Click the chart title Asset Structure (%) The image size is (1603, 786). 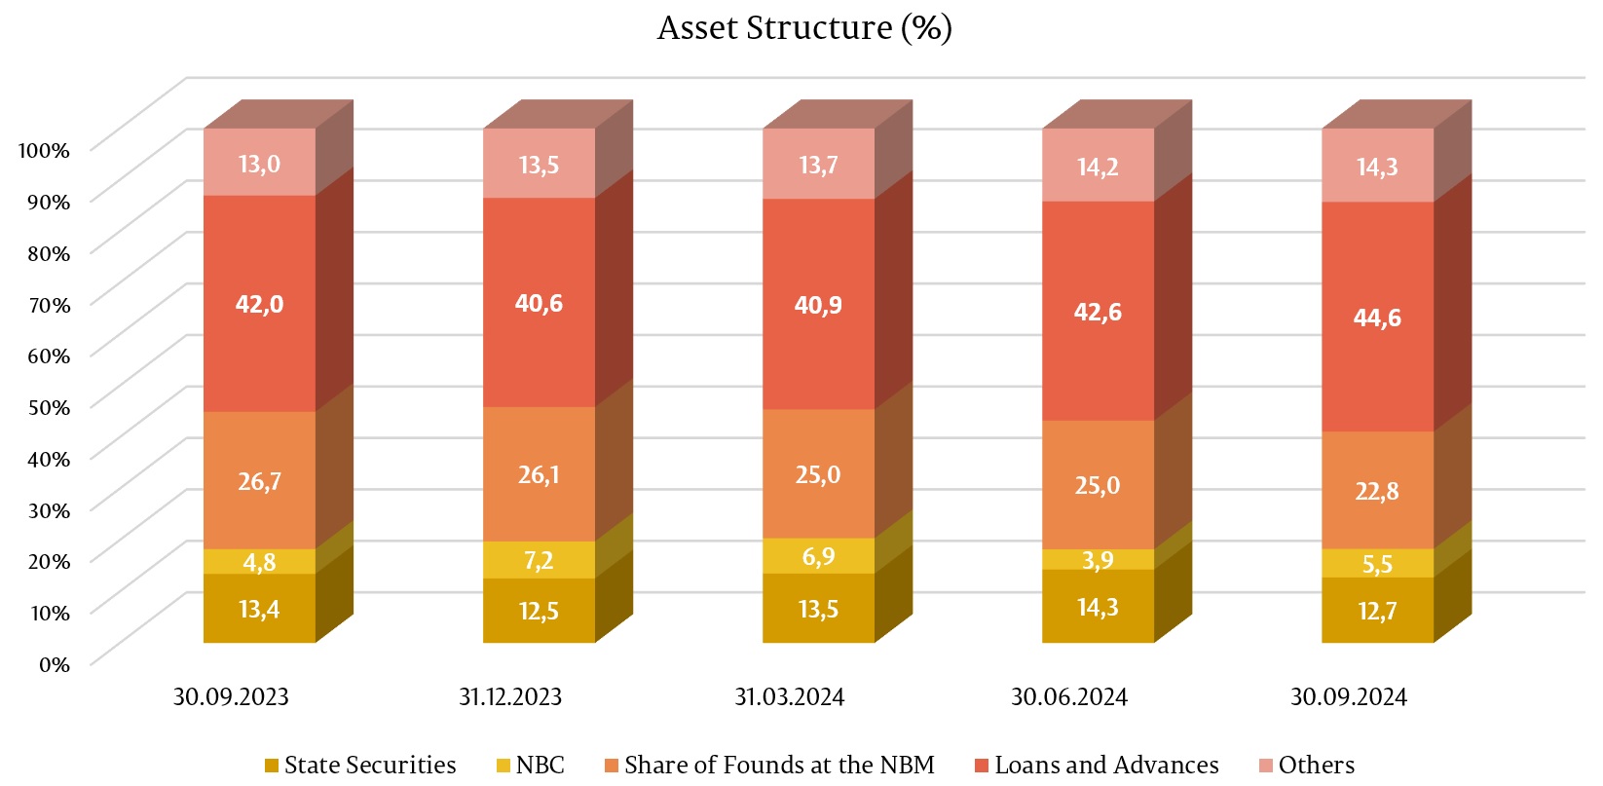tap(804, 27)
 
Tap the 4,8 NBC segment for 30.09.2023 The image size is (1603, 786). tap(259, 562)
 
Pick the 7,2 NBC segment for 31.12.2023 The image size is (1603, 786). tap(539, 560)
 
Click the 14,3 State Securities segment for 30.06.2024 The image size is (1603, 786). tap(1098, 607)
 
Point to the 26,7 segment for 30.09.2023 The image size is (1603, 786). tap(259, 481)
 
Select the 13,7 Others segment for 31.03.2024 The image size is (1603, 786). tap(818, 165)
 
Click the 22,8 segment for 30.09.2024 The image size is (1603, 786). tap(1377, 491)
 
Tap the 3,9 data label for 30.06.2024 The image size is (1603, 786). tap(1098, 560)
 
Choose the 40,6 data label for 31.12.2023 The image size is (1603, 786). tap(539, 304)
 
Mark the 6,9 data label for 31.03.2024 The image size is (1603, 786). tap(818, 556)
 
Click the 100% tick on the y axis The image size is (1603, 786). tap(44, 151)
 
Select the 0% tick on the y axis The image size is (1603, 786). tap(55, 665)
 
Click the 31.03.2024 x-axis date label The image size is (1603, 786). tap(789, 697)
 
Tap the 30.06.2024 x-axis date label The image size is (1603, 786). tap(1068, 697)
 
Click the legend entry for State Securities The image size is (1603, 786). tap(360, 766)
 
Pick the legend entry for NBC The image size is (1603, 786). tap(530, 766)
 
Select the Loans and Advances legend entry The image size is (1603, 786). tap(1097, 766)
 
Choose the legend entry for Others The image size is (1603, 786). tap(1306, 766)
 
